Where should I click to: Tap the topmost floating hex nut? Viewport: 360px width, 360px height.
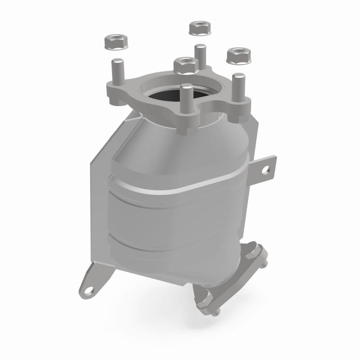pyautogui.click(x=199, y=28)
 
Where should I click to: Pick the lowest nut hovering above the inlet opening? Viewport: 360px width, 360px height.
pyautogui.click(x=184, y=66)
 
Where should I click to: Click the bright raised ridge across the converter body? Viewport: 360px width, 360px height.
pyautogui.click(x=180, y=180)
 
